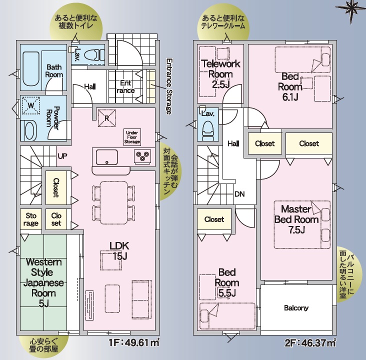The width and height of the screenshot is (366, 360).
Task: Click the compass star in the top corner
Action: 351,9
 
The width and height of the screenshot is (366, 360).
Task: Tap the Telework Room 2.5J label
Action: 220,74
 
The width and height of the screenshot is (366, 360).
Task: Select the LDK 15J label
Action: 119,251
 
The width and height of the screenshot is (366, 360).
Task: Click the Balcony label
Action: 296,308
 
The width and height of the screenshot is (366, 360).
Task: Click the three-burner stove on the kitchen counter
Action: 142,156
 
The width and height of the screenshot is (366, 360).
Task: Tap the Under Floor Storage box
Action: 132,137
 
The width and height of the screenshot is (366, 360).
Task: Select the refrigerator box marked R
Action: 106,118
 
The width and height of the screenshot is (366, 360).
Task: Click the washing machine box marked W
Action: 31,105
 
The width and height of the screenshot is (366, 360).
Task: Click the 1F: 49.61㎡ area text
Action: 134,342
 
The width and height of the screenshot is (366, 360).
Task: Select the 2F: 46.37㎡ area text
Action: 310,342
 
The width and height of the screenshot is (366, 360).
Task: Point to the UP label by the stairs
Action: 62,156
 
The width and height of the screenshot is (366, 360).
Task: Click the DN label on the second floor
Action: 239,194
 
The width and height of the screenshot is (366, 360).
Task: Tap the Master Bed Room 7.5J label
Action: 296,219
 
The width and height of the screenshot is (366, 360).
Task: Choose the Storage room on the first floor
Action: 31,219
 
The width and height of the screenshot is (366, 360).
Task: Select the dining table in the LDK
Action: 114,202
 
